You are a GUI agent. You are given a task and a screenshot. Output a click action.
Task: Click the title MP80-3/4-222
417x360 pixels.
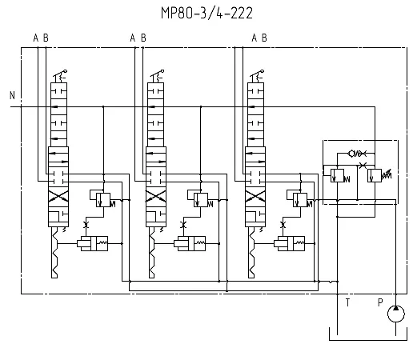coord(206,13)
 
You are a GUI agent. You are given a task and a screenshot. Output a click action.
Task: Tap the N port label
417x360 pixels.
coord(12,95)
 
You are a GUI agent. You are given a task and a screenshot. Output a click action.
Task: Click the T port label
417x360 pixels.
coord(347,302)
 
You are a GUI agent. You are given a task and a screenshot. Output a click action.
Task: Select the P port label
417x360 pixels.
coord(380,302)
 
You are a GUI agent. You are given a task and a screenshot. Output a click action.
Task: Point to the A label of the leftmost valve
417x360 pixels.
coord(36,38)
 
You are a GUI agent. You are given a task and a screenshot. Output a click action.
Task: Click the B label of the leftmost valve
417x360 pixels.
coord(46,38)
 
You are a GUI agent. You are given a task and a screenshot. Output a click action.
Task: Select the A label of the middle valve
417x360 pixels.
coord(133,38)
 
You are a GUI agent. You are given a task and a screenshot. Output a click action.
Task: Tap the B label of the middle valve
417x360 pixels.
coord(143,38)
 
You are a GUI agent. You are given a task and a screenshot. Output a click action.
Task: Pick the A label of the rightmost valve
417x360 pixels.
coord(255,38)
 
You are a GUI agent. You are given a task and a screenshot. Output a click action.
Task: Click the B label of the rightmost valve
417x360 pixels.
coord(264,38)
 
